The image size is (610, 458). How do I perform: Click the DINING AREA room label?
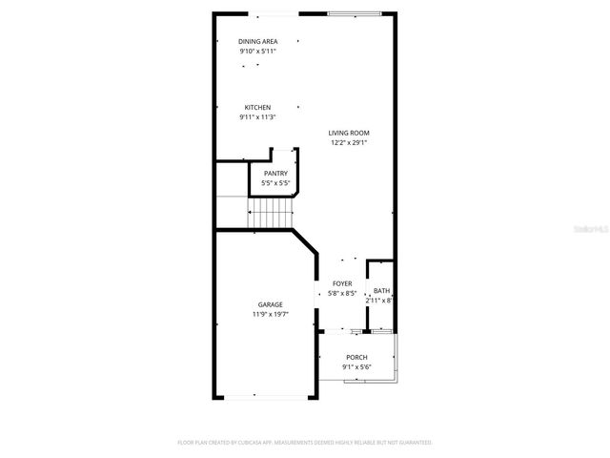[257, 41]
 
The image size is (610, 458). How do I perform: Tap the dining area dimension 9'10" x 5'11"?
[257, 51]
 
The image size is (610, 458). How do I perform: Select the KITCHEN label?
[257, 107]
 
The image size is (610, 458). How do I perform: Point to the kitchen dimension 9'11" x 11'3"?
[257, 117]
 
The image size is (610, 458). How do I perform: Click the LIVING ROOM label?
[349, 133]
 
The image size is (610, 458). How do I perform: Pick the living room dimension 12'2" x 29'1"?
[349, 143]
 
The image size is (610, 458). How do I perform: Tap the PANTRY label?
[275, 173]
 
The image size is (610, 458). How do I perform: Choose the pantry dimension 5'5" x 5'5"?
[275, 182]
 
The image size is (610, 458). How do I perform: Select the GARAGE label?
[270, 304]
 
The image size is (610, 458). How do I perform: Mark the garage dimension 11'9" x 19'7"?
[270, 314]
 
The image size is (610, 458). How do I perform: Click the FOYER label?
[342, 283]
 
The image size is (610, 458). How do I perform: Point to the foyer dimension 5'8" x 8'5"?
[342, 294]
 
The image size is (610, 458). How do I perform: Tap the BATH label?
[381, 291]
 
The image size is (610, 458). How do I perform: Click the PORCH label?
[356, 357]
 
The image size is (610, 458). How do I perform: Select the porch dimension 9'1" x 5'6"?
[356, 367]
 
